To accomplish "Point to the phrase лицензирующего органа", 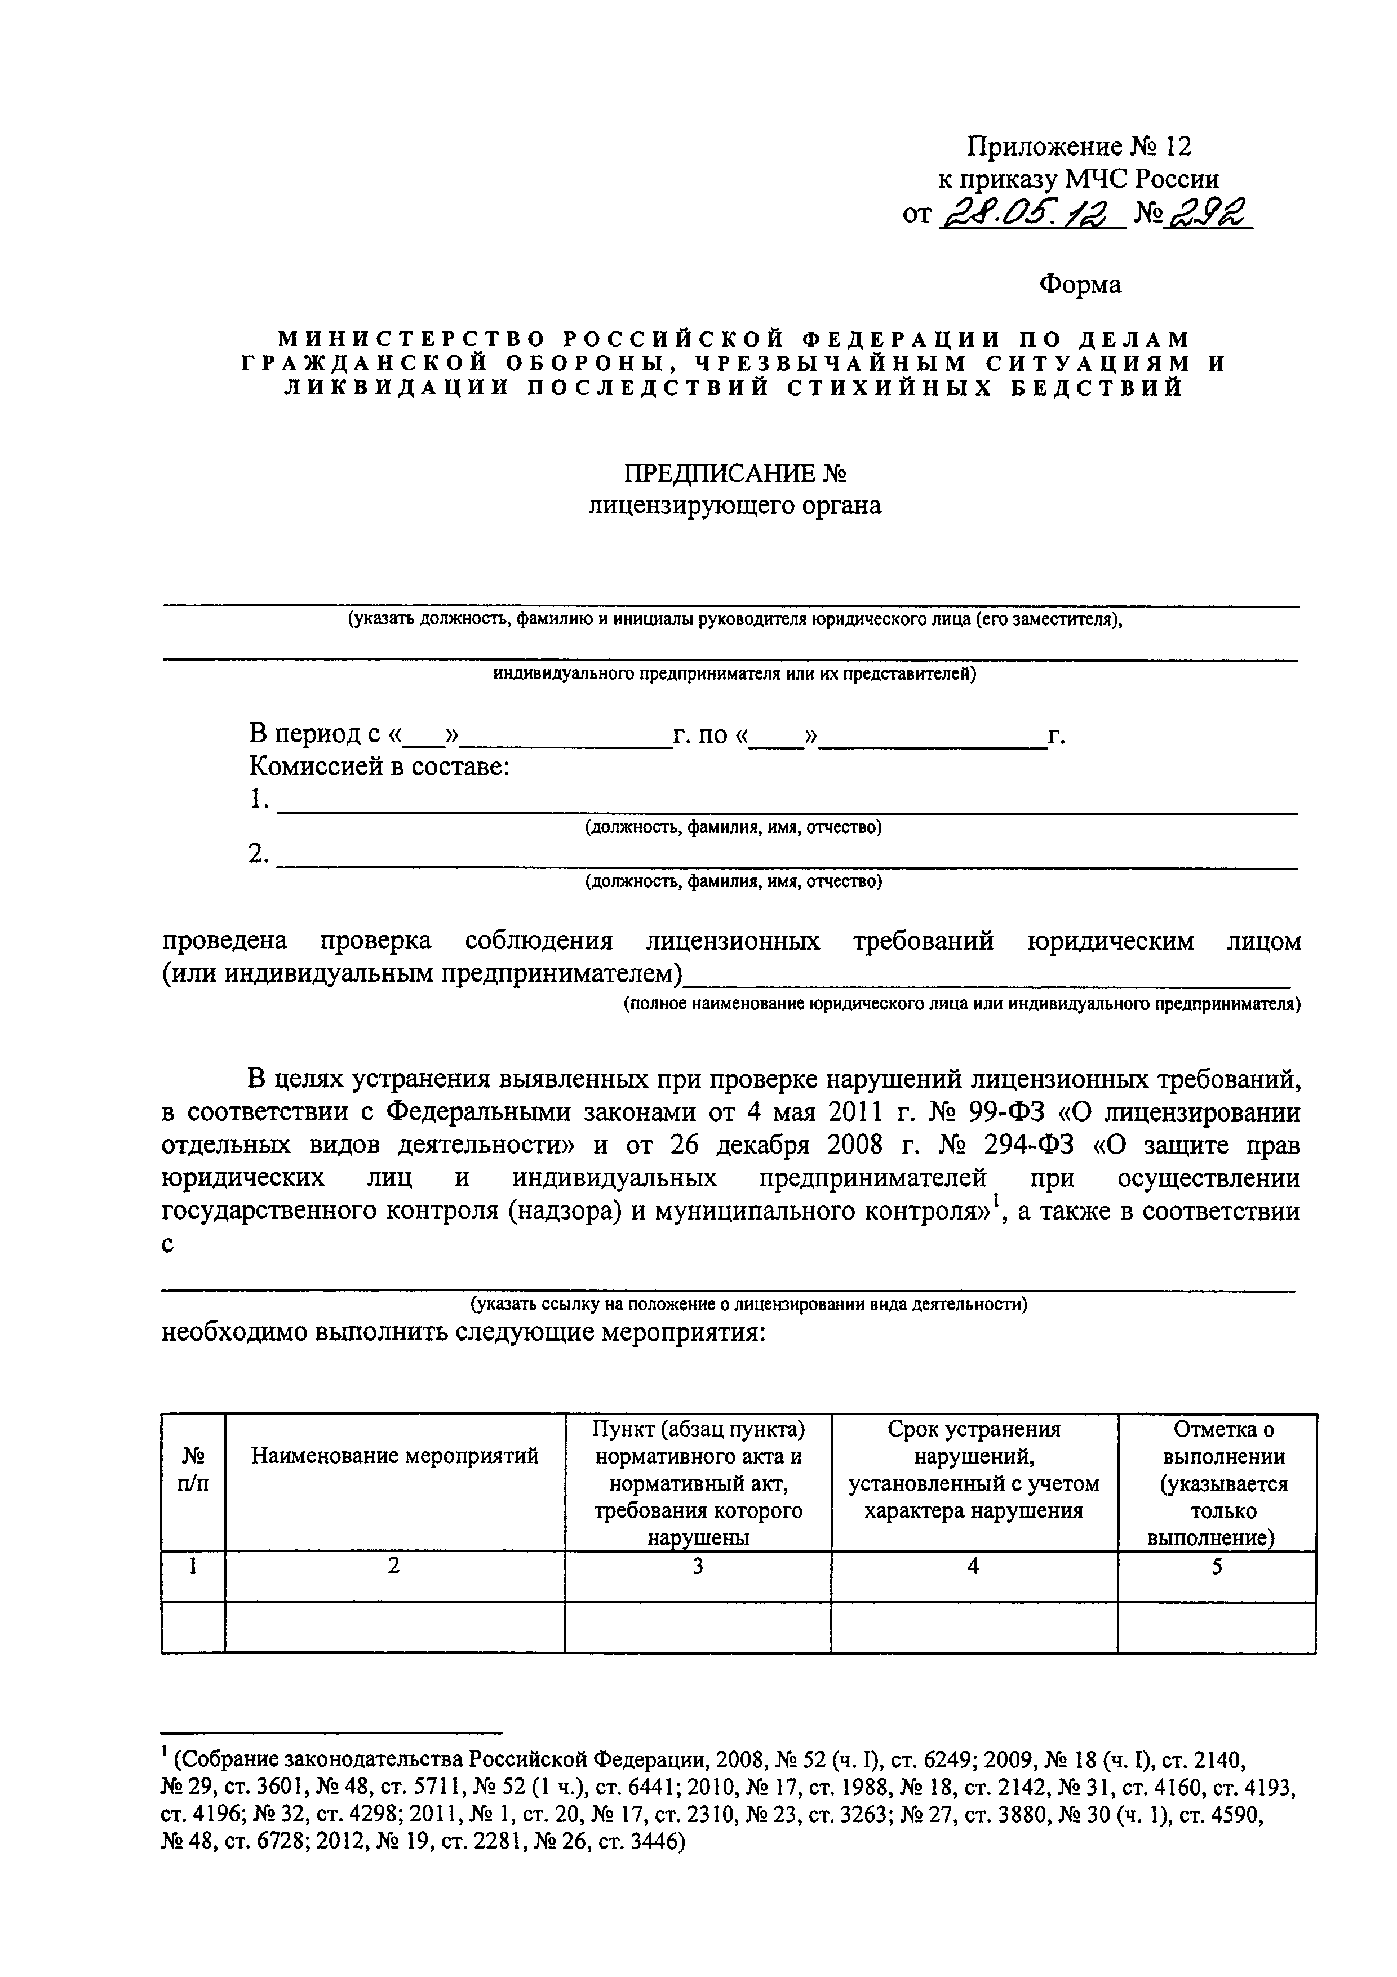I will (x=734, y=506).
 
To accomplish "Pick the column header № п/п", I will (x=194, y=1470).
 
